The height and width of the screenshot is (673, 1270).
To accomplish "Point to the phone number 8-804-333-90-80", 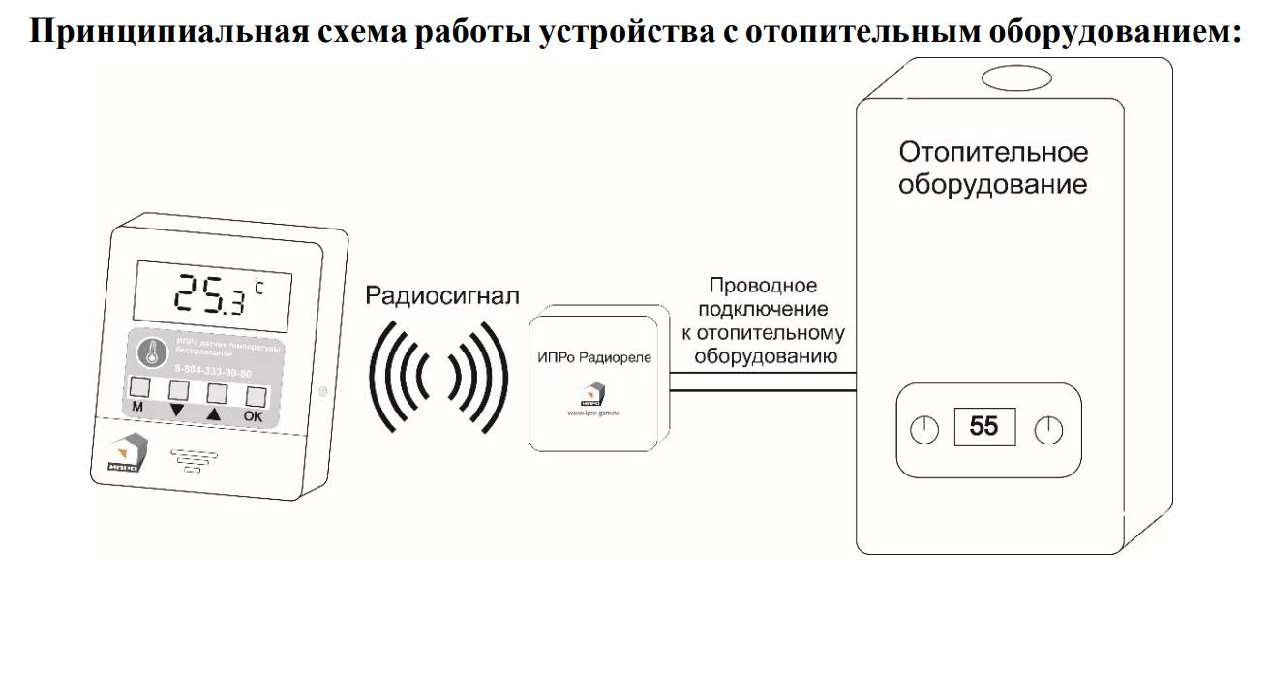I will point(212,371).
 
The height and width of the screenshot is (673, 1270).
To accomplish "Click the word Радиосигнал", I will point(441,294).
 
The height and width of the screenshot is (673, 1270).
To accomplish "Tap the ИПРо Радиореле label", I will point(594,357).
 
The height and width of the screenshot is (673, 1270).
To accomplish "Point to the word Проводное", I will point(763,286).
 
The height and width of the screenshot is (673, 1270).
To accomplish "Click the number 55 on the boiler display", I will point(983,426).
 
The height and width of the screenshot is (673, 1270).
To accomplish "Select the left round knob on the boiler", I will point(925,429).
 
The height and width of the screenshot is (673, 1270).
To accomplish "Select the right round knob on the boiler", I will point(1048,429).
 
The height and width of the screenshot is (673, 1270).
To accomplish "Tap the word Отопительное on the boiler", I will point(993,152).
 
